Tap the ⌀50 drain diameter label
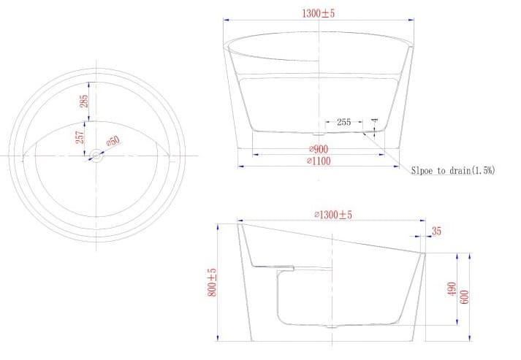coord(114,142)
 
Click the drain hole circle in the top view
coord(96,156)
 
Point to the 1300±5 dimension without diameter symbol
coord(318,13)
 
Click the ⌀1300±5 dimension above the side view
coord(333,215)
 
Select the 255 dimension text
coord(344,123)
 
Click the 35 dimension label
coord(436,231)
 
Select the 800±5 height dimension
coord(212,281)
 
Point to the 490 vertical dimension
coord(452,290)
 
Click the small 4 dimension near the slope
coord(375,121)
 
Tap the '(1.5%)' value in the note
coord(483,170)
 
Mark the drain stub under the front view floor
coord(316,134)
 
